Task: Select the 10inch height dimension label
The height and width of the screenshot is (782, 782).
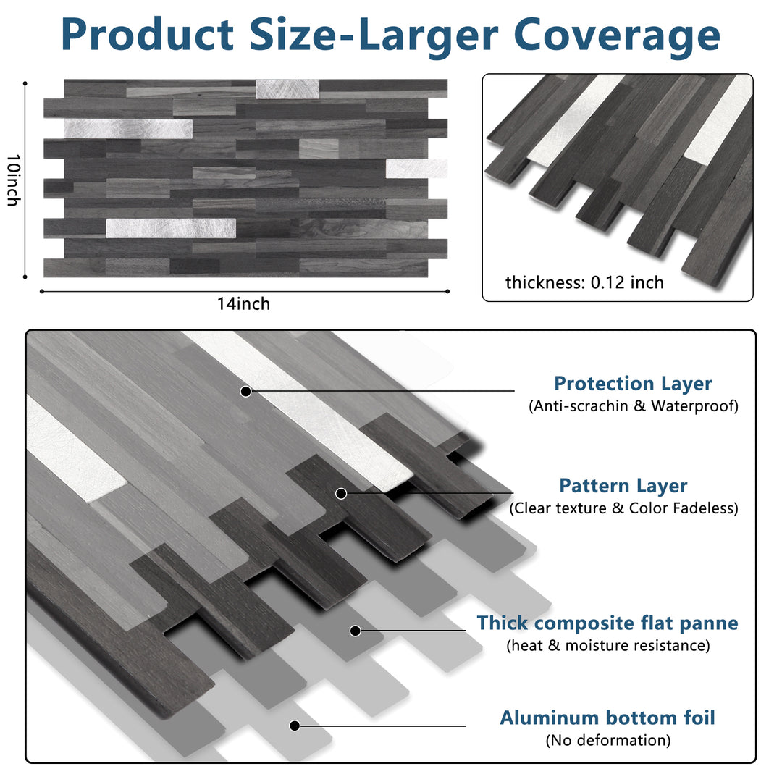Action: (x=12, y=180)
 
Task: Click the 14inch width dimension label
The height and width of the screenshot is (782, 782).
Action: (x=243, y=304)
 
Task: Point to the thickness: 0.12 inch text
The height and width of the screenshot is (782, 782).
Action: (x=584, y=282)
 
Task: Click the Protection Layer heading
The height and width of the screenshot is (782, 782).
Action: (x=633, y=384)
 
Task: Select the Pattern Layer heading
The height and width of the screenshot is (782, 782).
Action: (x=623, y=486)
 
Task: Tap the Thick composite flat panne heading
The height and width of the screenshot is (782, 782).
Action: (x=607, y=623)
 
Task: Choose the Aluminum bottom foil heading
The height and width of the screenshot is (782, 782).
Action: (x=607, y=718)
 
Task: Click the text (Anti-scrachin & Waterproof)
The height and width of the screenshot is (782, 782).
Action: (x=634, y=405)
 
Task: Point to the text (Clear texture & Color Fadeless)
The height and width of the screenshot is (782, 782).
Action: (x=623, y=508)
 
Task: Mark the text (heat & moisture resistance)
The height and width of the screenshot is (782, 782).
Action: (x=607, y=644)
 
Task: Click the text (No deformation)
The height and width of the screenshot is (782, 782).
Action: (x=607, y=740)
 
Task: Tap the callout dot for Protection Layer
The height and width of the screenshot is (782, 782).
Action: (x=245, y=391)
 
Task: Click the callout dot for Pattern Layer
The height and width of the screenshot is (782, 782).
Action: (x=342, y=493)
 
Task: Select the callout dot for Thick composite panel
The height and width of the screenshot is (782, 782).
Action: (x=355, y=631)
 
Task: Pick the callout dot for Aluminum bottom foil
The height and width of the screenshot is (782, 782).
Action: (x=294, y=726)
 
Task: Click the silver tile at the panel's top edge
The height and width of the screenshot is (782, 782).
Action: (x=287, y=89)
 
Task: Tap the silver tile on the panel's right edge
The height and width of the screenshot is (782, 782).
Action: (x=416, y=168)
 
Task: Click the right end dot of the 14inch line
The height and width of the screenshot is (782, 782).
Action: (x=447, y=291)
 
